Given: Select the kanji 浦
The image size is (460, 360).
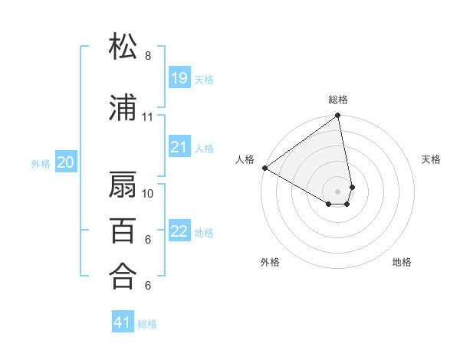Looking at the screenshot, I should (123, 108).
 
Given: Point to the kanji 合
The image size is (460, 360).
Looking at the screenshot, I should (123, 276).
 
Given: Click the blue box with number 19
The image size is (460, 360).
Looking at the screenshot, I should (179, 77).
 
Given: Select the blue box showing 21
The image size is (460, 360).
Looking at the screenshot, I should (179, 146).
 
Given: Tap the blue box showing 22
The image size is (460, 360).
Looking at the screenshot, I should (179, 231).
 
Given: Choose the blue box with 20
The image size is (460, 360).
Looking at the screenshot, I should (66, 162).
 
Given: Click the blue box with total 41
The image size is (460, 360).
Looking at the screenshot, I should (123, 322).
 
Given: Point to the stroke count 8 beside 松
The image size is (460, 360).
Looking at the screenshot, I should (148, 56).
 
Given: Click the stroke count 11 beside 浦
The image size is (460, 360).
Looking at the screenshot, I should (148, 117).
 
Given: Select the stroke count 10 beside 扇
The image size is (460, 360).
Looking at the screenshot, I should (148, 193).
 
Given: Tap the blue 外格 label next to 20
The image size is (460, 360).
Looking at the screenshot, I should (41, 162).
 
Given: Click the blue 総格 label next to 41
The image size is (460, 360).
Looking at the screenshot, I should (147, 323).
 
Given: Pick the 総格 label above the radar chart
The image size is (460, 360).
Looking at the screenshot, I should (338, 100).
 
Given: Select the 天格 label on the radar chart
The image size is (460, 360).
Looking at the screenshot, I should (431, 159).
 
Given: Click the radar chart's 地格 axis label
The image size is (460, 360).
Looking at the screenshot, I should (402, 262).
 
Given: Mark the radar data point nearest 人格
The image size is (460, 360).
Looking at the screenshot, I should (264, 168).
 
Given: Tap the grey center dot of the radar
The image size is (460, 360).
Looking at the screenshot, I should (338, 190).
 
